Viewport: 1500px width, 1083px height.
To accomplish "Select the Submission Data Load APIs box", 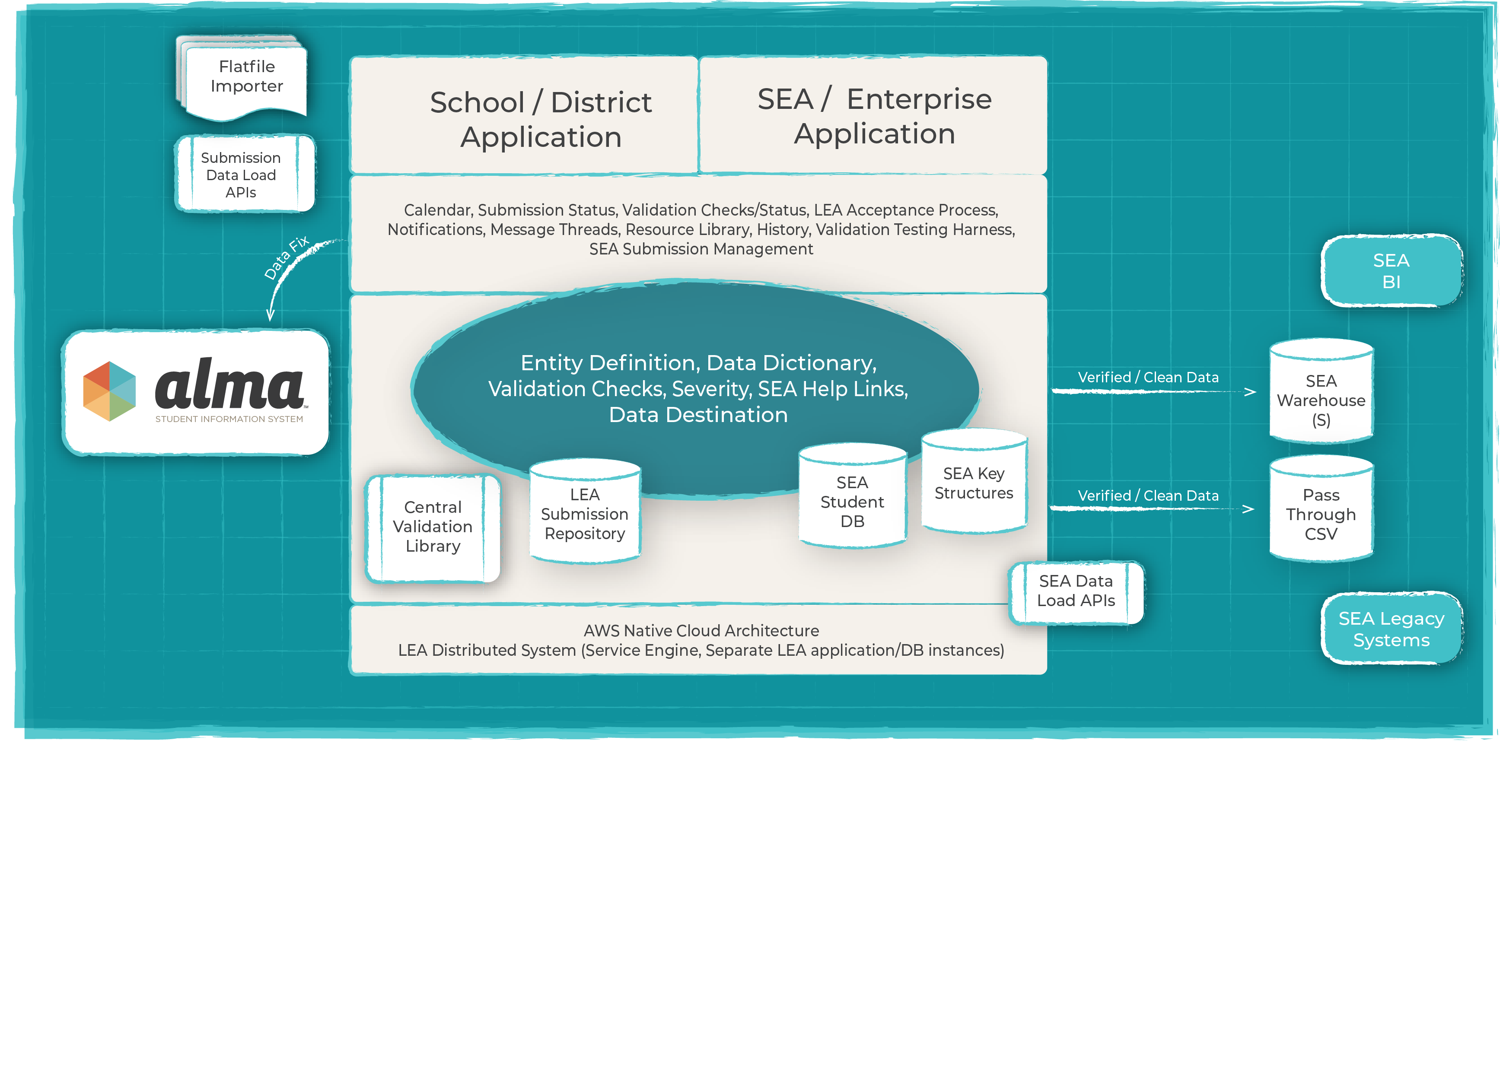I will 242,175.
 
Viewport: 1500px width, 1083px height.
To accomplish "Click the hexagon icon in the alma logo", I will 109,391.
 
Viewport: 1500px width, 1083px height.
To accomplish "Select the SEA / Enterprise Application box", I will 874,116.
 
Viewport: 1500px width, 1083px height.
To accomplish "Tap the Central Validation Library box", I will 433,527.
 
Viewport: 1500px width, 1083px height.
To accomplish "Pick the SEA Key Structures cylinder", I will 974,483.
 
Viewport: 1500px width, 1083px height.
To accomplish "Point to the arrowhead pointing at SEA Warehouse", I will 1249,392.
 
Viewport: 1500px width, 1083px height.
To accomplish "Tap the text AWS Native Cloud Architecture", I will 701,631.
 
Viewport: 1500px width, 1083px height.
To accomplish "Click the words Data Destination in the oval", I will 698,415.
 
